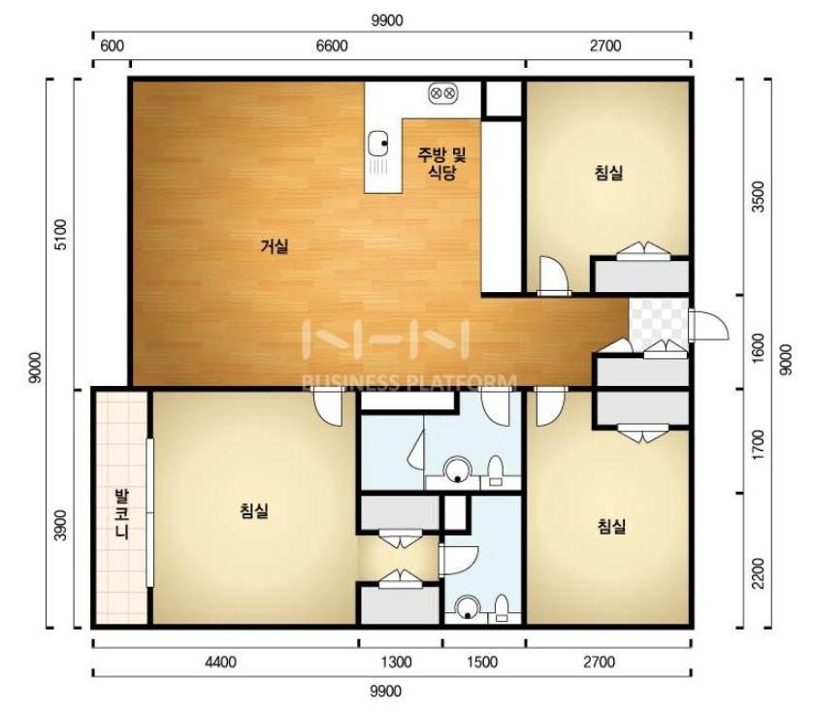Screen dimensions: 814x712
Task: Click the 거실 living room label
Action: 275,246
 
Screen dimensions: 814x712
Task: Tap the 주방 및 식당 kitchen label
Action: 442,163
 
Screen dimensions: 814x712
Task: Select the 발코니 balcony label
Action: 122,513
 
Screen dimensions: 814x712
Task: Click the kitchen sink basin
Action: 377,144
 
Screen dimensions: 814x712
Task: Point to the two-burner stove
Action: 442,93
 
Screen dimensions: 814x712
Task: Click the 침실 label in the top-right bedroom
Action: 608,173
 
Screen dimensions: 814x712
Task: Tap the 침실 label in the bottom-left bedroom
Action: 254,511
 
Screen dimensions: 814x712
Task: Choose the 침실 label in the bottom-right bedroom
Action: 611,527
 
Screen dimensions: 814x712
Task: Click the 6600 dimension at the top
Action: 332,46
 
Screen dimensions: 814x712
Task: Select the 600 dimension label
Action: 112,46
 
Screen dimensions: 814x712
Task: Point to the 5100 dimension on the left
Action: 61,235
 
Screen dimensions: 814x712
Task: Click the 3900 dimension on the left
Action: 61,525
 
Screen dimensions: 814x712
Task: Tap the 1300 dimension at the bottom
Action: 397,662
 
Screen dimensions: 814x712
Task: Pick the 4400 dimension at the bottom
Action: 220,662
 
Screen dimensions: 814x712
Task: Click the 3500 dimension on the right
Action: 759,196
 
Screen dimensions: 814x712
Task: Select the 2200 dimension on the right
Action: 759,573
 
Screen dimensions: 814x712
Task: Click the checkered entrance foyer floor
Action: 658,321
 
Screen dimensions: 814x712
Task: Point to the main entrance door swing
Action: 708,325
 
